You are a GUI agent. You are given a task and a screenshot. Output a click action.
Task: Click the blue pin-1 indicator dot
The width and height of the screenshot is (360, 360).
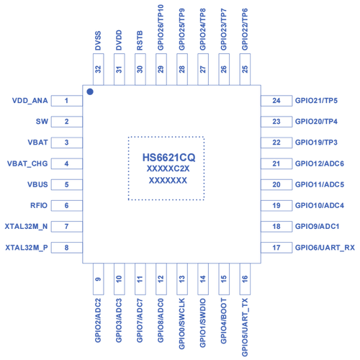click(90, 91)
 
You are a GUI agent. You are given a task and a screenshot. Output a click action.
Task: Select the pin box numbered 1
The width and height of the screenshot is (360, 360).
click(67, 101)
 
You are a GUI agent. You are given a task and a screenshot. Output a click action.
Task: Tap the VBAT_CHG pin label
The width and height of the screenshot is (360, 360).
click(27, 163)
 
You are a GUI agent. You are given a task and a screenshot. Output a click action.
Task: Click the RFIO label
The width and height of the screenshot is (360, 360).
click(39, 205)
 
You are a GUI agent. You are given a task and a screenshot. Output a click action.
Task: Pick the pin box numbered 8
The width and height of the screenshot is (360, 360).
click(67, 248)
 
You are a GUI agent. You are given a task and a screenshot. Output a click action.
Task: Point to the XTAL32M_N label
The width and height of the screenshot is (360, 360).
click(26, 227)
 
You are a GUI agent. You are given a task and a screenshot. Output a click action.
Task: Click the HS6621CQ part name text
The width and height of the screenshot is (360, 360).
click(169, 158)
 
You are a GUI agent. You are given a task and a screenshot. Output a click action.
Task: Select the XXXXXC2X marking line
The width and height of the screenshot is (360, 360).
click(168, 168)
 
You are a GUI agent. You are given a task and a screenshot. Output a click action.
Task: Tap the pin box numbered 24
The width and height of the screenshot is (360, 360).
click(276, 101)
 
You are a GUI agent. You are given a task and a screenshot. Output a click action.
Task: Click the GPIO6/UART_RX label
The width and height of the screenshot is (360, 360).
click(325, 248)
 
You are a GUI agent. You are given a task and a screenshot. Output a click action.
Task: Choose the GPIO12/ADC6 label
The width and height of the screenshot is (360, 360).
click(320, 163)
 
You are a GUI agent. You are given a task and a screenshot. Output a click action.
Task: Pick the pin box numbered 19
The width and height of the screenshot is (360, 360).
click(276, 205)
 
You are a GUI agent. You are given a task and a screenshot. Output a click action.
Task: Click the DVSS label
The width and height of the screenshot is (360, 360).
click(98, 40)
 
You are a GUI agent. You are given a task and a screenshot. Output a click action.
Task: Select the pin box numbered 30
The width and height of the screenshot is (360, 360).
click(140, 69)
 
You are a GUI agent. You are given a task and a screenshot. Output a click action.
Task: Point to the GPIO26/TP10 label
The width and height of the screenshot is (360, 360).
click(161, 27)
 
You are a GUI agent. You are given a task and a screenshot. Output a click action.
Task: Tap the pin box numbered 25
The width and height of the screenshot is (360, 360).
click(245, 69)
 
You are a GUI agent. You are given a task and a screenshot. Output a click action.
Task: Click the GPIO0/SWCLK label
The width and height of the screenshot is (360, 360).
click(182, 323)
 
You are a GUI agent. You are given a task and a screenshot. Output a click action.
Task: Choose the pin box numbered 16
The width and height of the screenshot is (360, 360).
click(245, 279)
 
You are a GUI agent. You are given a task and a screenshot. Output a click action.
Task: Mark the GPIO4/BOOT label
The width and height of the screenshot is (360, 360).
click(223, 321)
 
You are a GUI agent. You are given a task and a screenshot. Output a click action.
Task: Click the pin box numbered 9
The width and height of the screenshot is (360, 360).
click(99, 279)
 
